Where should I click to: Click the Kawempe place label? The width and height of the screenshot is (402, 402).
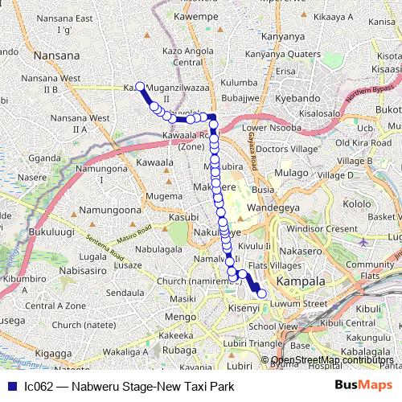point(196,15)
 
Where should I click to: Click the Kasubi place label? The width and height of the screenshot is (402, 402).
point(183,218)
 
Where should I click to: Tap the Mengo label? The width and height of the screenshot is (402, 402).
point(182,317)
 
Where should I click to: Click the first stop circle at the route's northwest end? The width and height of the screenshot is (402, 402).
point(140,87)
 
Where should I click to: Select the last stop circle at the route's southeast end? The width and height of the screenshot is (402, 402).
point(260,295)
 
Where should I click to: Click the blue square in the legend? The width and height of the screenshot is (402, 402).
point(9,387)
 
